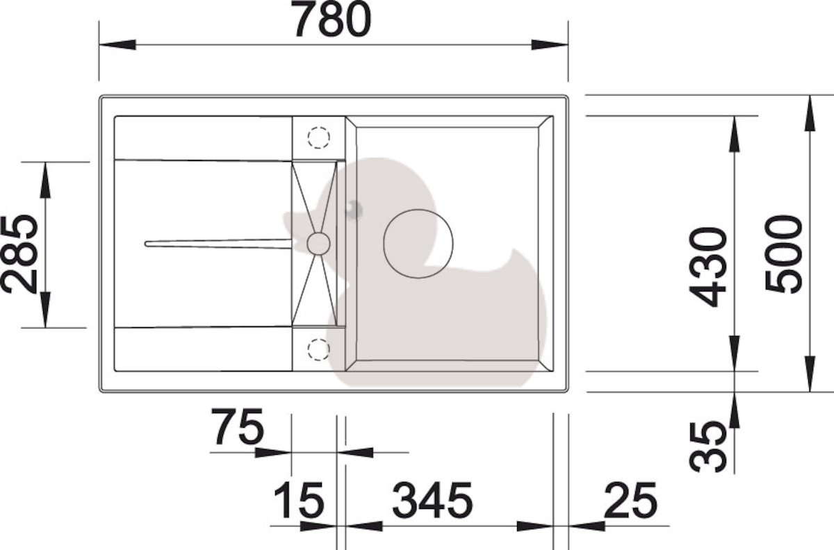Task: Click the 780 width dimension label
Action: tap(331, 19)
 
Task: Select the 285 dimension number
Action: tap(19, 254)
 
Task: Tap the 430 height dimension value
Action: tap(708, 267)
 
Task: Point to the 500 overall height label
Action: tap(783, 254)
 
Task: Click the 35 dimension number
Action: tap(708, 447)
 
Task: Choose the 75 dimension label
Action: tap(238, 427)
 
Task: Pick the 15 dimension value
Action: tap(299, 501)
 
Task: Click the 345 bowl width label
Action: tap(432, 501)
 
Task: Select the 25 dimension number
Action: tap(631, 501)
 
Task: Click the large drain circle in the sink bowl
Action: tap(418, 209)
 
